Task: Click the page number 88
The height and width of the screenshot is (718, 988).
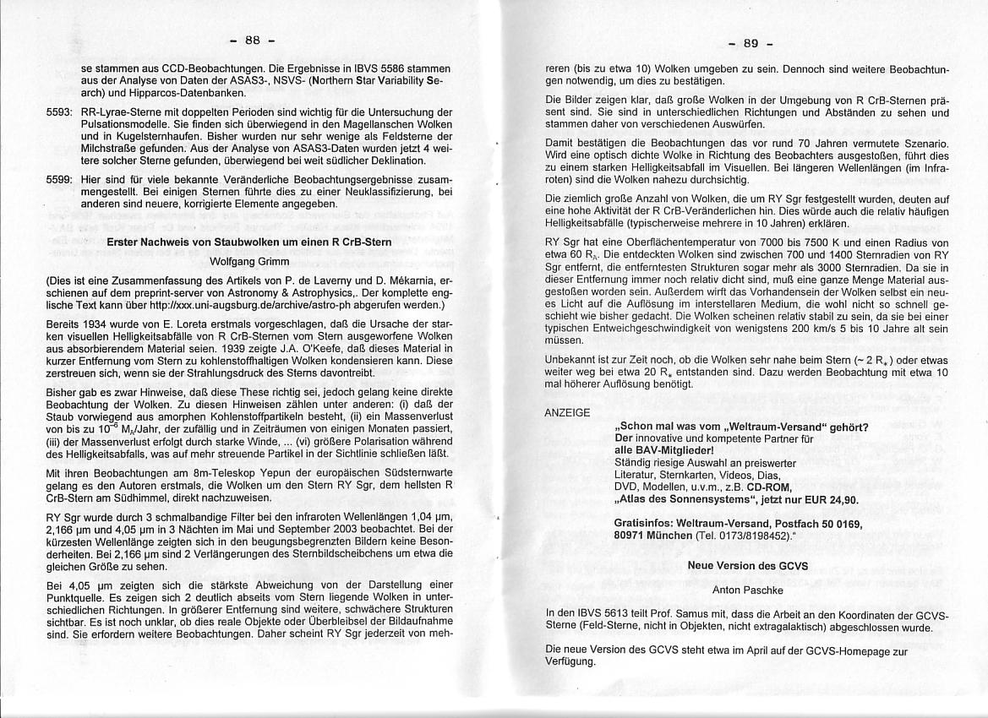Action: [x=252, y=40]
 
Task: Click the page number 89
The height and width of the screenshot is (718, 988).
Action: [x=751, y=43]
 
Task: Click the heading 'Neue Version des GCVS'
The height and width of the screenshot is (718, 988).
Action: [x=747, y=565]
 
